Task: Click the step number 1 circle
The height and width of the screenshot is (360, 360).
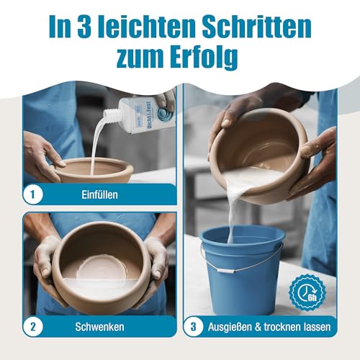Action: [x=32, y=194]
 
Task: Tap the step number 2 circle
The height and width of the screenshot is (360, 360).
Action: [x=32, y=326]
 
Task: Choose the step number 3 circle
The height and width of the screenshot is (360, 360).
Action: [x=194, y=326]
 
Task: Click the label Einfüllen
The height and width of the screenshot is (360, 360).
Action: [x=102, y=194]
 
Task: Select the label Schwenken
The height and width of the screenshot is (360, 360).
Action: [x=102, y=326]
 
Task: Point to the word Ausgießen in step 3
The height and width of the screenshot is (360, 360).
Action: [x=231, y=326]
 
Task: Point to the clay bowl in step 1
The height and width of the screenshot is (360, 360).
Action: [x=94, y=170]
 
